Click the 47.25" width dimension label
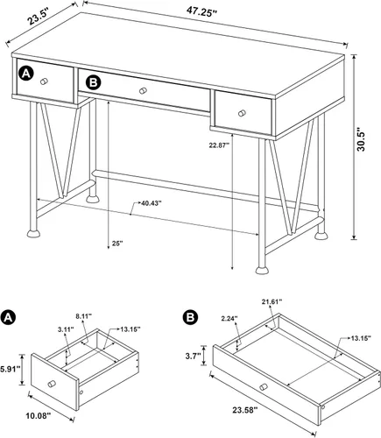click(x=201, y=12)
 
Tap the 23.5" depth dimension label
click(x=38, y=18)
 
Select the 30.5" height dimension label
click(x=361, y=138)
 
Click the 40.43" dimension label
click(x=152, y=203)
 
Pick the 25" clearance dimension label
click(x=117, y=243)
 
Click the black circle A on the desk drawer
click(x=26, y=74)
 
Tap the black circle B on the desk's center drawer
click(x=93, y=82)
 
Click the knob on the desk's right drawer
click(x=242, y=113)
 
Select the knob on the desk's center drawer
click(x=143, y=91)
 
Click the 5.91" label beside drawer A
click(x=10, y=369)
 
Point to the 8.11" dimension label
click(x=84, y=315)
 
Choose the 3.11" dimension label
click(x=66, y=329)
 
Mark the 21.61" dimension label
click(x=272, y=301)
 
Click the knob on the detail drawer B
click(x=264, y=387)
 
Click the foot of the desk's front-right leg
click(x=262, y=270)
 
